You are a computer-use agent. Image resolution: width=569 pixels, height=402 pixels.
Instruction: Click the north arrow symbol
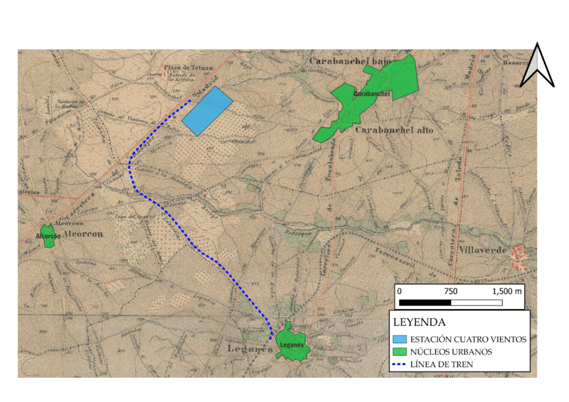538,65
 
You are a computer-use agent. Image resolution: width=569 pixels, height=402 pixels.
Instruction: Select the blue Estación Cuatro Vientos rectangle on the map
207,111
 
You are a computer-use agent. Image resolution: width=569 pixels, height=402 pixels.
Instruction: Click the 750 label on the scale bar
451,292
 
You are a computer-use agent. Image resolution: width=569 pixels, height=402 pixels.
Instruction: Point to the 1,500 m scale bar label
507,292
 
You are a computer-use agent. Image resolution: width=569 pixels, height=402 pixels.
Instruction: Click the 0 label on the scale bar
400,292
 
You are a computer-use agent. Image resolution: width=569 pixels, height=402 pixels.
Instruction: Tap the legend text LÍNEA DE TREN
447,365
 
